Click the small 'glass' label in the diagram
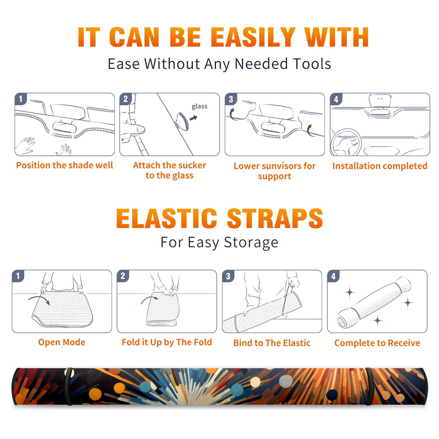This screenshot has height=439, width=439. [199, 106]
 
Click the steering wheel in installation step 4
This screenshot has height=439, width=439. [346, 142]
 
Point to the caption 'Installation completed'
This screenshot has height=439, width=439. [380, 166]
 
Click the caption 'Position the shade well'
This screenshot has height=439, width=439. [64, 165]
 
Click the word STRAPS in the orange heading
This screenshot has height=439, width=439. [275, 218]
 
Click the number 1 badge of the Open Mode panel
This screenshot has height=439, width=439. [18, 276]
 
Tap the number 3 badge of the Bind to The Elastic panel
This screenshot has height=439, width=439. [228, 276]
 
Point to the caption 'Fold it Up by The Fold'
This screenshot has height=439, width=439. [167, 342]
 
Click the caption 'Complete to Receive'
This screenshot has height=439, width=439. [377, 343]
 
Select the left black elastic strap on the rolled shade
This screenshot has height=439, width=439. [69, 387]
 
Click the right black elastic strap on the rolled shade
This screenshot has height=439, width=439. [369, 387]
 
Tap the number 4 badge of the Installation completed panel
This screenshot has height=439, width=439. [336, 99]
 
